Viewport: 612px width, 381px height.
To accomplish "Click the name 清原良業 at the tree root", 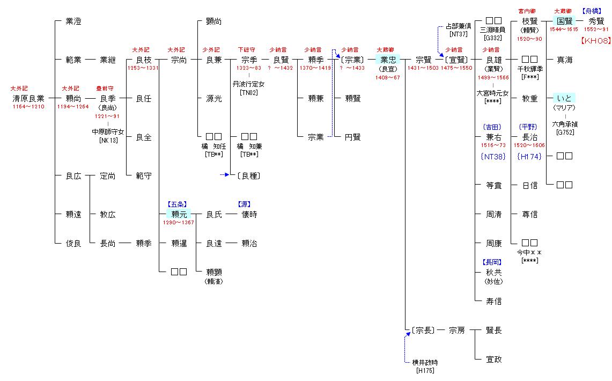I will point(28,98).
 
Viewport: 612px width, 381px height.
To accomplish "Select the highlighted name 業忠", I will point(388,60).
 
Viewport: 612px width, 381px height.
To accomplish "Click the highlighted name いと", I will point(564,98).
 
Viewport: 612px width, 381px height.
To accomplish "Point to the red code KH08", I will point(595,41).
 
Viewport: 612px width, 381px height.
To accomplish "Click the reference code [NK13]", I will point(108,141).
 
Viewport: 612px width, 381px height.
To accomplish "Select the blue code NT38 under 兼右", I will point(493,157).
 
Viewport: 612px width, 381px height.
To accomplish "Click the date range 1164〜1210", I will point(28,107).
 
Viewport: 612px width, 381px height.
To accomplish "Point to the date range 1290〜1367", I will point(179,223).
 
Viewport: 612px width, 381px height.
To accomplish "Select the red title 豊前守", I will point(105,88).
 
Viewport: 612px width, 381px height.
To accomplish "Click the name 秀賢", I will point(596,21).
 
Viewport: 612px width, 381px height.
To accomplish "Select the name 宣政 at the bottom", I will point(494,359).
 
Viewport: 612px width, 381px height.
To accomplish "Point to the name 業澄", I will point(73,21).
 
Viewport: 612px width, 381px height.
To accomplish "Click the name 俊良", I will point(73,243).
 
